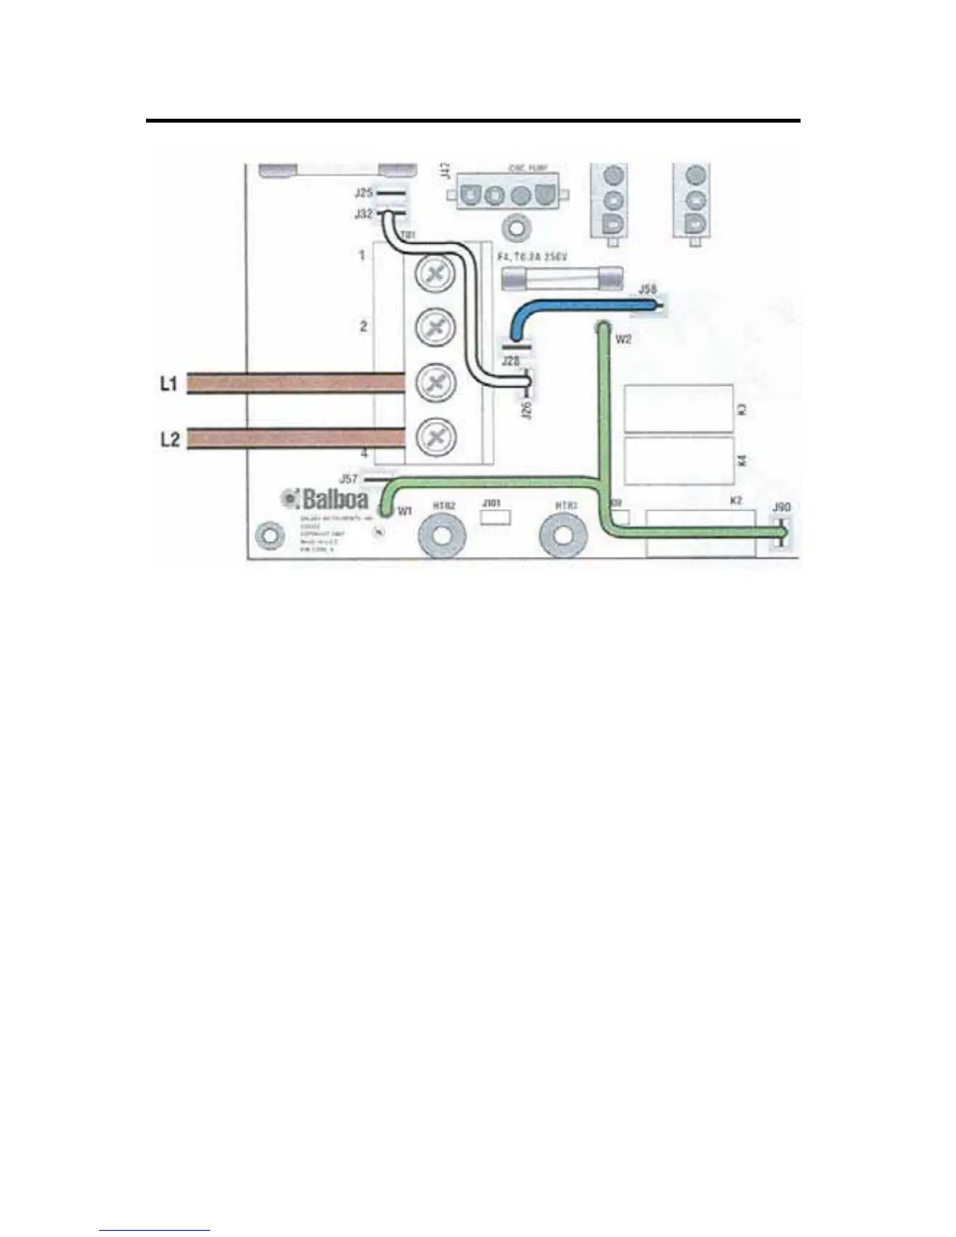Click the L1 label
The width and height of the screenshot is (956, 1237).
pos(169,383)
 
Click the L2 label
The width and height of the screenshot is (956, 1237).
pos(170,439)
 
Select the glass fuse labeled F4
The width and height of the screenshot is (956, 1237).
pos(561,277)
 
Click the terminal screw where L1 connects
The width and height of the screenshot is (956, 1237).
pos(437,382)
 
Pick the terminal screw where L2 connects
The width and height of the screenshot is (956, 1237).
pos(437,437)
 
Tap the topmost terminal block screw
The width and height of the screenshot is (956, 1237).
pos(437,274)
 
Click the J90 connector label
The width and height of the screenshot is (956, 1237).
pos(781,508)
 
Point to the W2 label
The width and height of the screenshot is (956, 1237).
pos(623,340)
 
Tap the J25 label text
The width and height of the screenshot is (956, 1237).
pos(363,192)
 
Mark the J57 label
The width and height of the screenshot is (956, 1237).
pos(348,478)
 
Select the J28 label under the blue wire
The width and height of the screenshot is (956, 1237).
pos(510,361)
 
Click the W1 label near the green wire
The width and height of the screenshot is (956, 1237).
pos(405,512)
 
